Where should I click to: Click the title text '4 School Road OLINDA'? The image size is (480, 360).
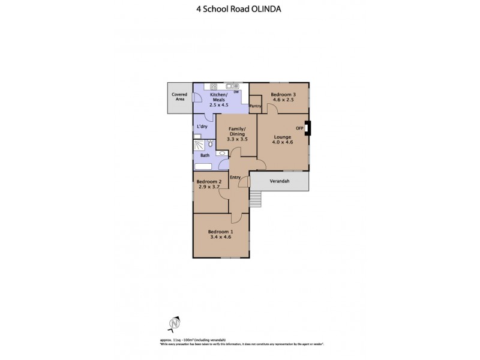239,8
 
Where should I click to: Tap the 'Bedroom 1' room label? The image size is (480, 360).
220,232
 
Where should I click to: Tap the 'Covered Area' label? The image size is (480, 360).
179,97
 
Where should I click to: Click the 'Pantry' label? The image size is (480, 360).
256,106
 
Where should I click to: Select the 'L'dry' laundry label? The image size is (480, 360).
203,127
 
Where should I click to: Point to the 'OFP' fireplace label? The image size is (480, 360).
299,128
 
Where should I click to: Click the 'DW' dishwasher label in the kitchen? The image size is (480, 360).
236,92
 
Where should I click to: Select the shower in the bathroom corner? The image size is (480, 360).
198,144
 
